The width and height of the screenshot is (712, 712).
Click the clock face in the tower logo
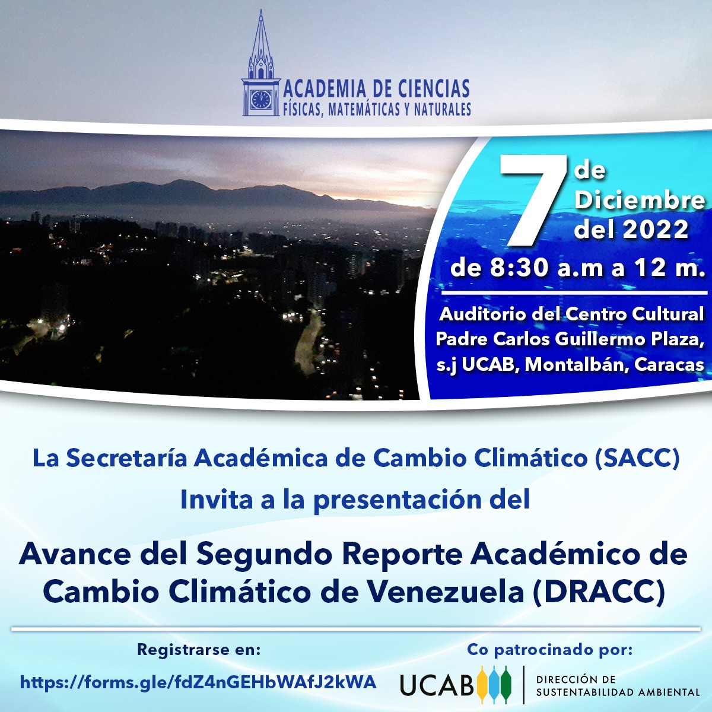[261, 98]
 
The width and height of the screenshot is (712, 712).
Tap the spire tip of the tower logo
[261, 10]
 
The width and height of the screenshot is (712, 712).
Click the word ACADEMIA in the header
[325, 89]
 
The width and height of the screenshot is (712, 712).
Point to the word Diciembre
[639, 200]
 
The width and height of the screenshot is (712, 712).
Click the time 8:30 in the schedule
[519, 268]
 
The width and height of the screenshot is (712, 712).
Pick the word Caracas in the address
[669, 365]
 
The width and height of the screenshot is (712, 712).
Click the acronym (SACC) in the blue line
[637, 459]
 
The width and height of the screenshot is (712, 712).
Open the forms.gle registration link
[198, 682]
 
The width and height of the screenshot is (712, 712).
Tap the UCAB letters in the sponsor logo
[437, 685]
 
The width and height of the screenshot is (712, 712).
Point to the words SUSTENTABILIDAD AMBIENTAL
[618, 692]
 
